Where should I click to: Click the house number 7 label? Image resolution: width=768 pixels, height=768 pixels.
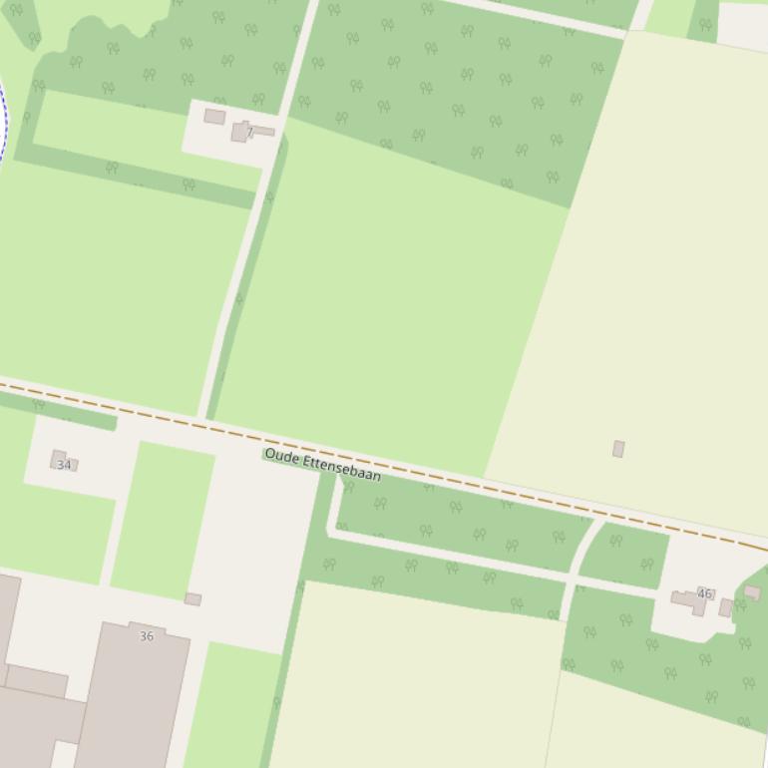[x=249, y=132]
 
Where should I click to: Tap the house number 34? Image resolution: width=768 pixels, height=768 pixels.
[x=64, y=465]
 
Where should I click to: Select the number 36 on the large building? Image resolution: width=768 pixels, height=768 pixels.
[x=147, y=636]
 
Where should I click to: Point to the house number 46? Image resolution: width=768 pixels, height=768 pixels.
[x=704, y=593]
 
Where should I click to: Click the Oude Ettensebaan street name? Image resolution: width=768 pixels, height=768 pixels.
[x=322, y=465]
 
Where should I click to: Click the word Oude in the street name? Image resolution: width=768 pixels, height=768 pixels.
[x=281, y=456]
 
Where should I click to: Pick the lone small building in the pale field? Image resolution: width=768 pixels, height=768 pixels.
[x=618, y=449]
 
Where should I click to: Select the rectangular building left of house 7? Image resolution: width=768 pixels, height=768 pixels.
[x=214, y=117]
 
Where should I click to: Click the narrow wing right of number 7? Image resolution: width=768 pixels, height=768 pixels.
[x=263, y=131]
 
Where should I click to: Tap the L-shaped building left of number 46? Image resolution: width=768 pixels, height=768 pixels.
[x=688, y=600]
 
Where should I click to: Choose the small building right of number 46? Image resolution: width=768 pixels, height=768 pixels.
[x=726, y=607]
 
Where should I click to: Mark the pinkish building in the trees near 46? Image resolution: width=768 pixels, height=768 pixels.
[x=752, y=592]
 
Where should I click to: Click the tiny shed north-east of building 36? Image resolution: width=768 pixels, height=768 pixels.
[x=192, y=599]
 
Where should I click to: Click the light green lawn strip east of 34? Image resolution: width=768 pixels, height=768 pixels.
[x=163, y=519]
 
